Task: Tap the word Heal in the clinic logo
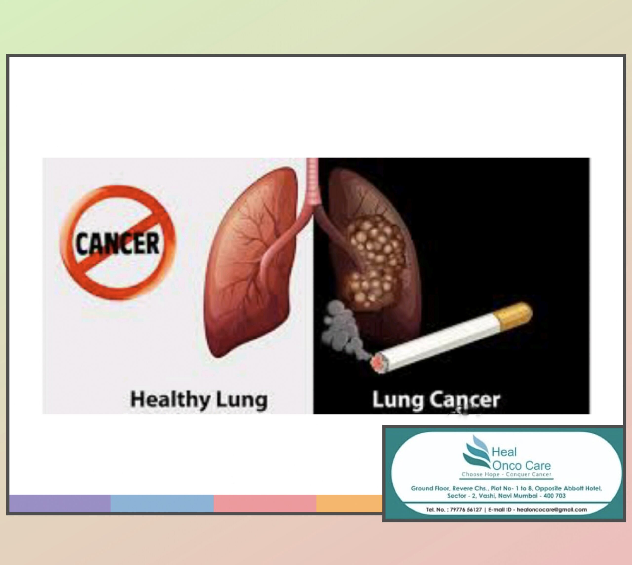[504, 452]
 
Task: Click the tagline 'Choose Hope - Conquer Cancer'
[507, 474]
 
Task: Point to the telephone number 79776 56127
[466, 510]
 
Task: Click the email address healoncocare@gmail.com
[552, 510]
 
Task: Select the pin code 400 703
[554, 496]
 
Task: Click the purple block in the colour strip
[60, 504]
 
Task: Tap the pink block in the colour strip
[265, 504]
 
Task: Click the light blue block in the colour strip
[162, 504]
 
